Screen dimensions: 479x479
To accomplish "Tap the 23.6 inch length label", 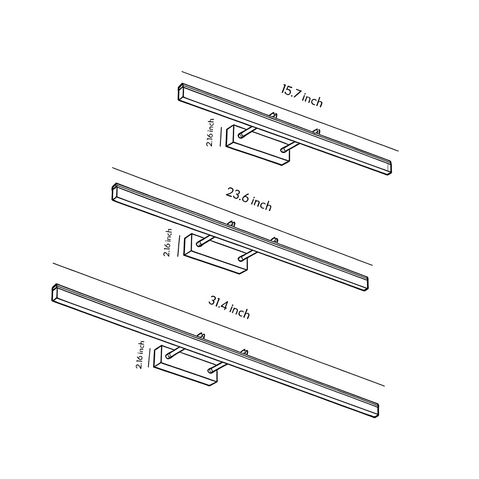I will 249,200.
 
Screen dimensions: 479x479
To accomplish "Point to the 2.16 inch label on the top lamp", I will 211,132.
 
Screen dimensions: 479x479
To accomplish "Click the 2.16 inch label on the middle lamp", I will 168,243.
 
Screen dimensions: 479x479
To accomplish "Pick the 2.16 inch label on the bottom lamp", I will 140,355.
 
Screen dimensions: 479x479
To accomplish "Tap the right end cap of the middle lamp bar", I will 365,283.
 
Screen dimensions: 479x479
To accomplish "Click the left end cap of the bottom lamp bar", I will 55,293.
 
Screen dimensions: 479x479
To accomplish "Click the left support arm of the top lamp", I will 247,132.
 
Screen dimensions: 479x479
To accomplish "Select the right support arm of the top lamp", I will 289,147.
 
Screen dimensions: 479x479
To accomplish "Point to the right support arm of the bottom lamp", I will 218,367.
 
